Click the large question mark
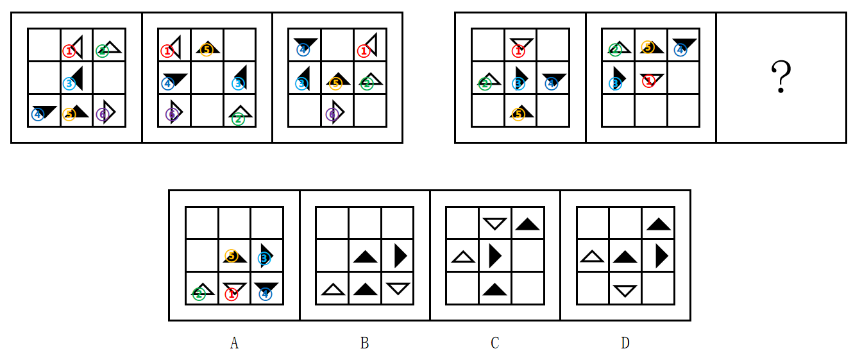tap(781, 77)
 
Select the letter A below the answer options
tap(234, 343)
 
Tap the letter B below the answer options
tap(364, 343)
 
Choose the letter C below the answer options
tap(494, 343)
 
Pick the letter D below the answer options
tap(625, 343)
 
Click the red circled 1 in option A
tap(231, 294)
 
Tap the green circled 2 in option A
tap(199, 294)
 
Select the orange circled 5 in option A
tap(231, 256)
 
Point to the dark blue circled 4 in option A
tap(265, 294)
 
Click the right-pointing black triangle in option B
tap(400, 255)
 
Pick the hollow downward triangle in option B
tap(398, 288)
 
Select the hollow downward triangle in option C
tap(494, 223)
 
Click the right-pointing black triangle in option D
tap(661, 255)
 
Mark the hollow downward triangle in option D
tap(625, 291)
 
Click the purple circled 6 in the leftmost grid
tap(103, 114)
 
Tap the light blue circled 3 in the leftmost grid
tap(69, 83)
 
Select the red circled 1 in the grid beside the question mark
tap(649, 81)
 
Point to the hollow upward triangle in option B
tap(334, 289)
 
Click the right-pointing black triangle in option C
tap(494, 255)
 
